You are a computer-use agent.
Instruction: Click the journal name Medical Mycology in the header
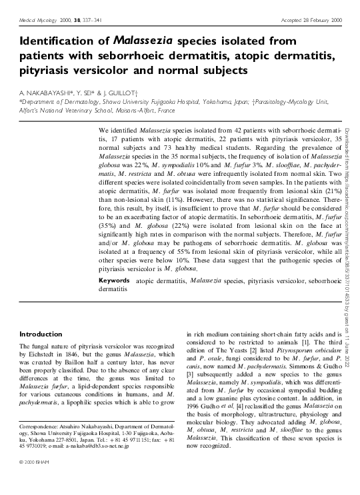(34, 21)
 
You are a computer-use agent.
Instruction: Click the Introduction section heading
(41, 334)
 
